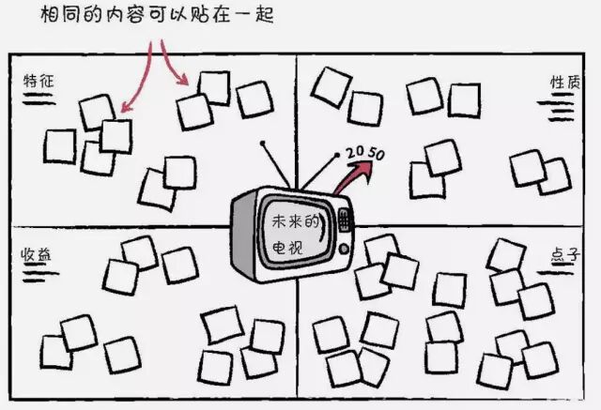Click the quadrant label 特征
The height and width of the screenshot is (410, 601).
point(39,82)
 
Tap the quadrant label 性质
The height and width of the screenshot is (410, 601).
point(562,82)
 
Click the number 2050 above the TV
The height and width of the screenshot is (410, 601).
point(363,152)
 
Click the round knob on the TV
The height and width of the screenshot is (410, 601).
point(345,249)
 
